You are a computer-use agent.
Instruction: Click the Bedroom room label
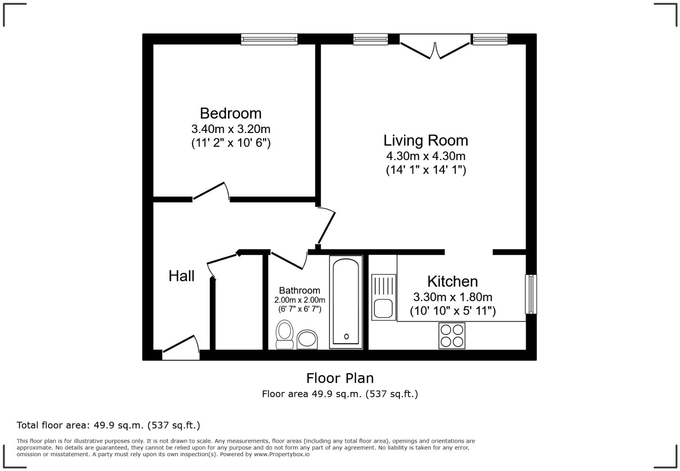(230, 113)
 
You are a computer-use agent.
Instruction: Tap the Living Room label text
(425, 141)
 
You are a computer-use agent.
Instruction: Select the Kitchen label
(452, 281)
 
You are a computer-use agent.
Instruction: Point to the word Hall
(181, 276)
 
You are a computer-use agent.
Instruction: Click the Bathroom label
(300, 290)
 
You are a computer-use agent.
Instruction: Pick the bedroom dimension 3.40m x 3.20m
(231, 129)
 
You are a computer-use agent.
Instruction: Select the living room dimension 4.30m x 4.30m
(425, 156)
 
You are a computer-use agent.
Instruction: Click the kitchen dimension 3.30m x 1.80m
(452, 297)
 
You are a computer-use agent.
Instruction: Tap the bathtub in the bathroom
(346, 302)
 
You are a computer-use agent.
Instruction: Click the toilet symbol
(284, 334)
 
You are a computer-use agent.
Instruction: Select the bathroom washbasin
(307, 339)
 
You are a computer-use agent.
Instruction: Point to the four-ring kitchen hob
(452, 336)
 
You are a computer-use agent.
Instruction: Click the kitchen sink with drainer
(384, 297)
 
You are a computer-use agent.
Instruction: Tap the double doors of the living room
(435, 49)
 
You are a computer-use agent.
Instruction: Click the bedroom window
(269, 40)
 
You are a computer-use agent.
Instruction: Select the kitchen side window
(531, 294)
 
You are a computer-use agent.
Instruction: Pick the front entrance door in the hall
(181, 348)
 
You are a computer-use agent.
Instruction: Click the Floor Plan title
(340, 378)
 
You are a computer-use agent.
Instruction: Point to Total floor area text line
(108, 425)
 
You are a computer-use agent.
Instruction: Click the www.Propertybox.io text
(282, 454)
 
